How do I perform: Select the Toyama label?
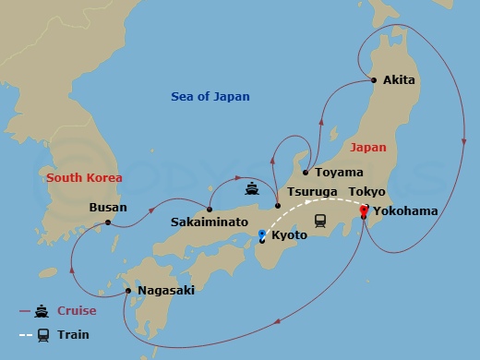[332, 173]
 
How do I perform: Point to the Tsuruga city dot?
[277, 206]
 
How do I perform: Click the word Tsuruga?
[314, 192]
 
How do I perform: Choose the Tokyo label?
[369, 192]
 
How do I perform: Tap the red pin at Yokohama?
[363, 211]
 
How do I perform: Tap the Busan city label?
[108, 208]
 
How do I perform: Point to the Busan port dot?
[108, 222]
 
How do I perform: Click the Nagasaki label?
[166, 291]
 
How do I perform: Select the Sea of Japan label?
[210, 97]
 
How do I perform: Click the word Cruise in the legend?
[78, 311]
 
